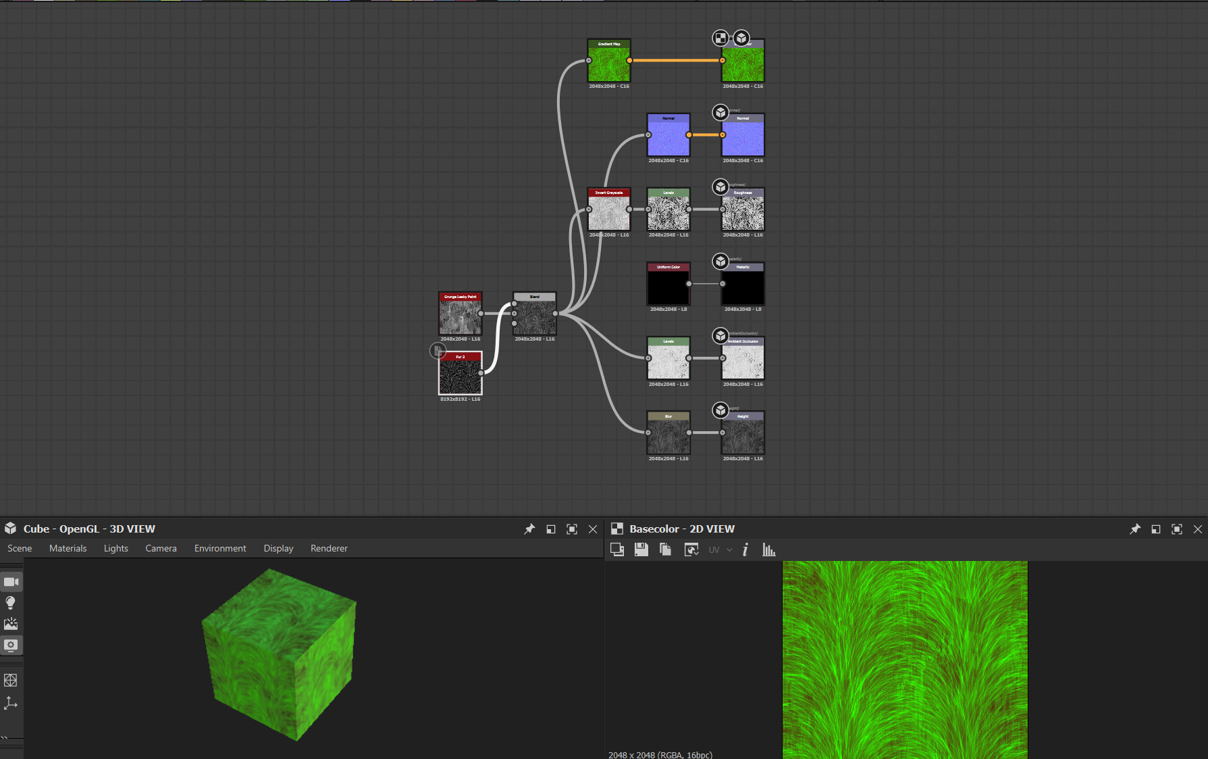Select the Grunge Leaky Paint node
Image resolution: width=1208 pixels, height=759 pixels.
pyautogui.click(x=461, y=316)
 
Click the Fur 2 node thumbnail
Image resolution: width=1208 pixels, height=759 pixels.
pyautogui.click(x=461, y=376)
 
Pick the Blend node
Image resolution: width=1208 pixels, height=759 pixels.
pyautogui.click(x=535, y=316)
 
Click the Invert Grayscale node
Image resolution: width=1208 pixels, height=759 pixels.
pyautogui.click(x=609, y=213)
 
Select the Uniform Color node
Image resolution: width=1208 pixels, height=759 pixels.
pyautogui.click(x=668, y=287)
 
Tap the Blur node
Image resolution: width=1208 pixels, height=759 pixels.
pyautogui.click(x=668, y=436)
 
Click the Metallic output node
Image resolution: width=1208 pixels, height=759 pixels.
pyautogui.click(x=743, y=287)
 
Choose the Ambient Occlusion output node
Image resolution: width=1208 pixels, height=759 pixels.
pyautogui.click(x=743, y=362)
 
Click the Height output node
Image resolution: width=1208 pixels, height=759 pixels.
pyautogui.click(x=743, y=436)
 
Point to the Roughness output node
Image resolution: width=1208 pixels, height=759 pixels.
pyautogui.click(x=743, y=213)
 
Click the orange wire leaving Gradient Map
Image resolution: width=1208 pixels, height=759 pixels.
pyautogui.click(x=675, y=60)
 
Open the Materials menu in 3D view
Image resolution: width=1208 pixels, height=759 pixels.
pyautogui.click(x=68, y=548)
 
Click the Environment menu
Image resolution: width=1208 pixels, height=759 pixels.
pyautogui.click(x=220, y=548)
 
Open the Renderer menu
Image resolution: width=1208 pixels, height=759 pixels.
pyautogui.click(x=329, y=548)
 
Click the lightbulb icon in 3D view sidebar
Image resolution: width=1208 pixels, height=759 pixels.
pyautogui.click(x=11, y=603)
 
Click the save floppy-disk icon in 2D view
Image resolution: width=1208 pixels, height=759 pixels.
pyautogui.click(x=641, y=549)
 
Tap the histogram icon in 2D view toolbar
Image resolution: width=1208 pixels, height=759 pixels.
pyautogui.click(x=768, y=549)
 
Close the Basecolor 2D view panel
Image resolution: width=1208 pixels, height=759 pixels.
pyautogui.click(x=1198, y=529)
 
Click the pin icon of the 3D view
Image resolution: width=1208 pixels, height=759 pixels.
pyautogui.click(x=529, y=529)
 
